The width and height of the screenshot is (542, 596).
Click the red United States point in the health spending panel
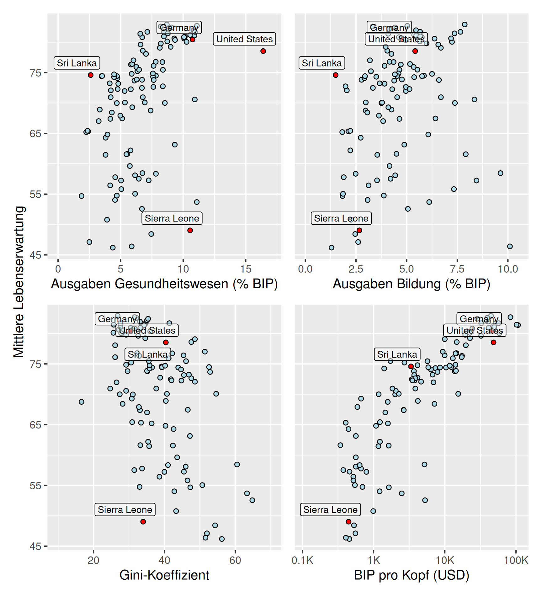263,51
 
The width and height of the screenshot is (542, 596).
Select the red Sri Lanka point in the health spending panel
91,75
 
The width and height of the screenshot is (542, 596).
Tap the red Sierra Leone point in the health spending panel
190,230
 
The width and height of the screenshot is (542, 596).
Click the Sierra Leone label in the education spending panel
341,218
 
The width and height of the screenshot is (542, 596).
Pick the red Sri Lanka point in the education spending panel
336,75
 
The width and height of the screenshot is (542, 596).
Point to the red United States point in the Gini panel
166,342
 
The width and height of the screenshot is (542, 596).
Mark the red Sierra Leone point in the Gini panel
143,522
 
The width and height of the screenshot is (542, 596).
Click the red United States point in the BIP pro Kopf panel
493,342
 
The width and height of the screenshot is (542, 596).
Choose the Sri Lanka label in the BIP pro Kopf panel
397,354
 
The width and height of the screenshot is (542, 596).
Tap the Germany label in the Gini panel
117,319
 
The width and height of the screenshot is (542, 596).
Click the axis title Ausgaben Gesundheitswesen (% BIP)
164,284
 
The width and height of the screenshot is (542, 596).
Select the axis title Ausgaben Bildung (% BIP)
411,284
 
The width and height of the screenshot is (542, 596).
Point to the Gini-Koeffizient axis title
164,575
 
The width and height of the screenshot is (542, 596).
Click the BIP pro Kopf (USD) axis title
411,575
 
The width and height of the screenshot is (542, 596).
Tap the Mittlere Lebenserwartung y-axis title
19,281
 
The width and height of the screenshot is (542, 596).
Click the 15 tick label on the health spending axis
246,269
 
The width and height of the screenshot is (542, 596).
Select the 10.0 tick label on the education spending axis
508,269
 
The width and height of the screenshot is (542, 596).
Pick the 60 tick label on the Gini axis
235,560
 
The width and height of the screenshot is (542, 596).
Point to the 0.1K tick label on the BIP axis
302,560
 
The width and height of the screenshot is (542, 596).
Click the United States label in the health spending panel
244,39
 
